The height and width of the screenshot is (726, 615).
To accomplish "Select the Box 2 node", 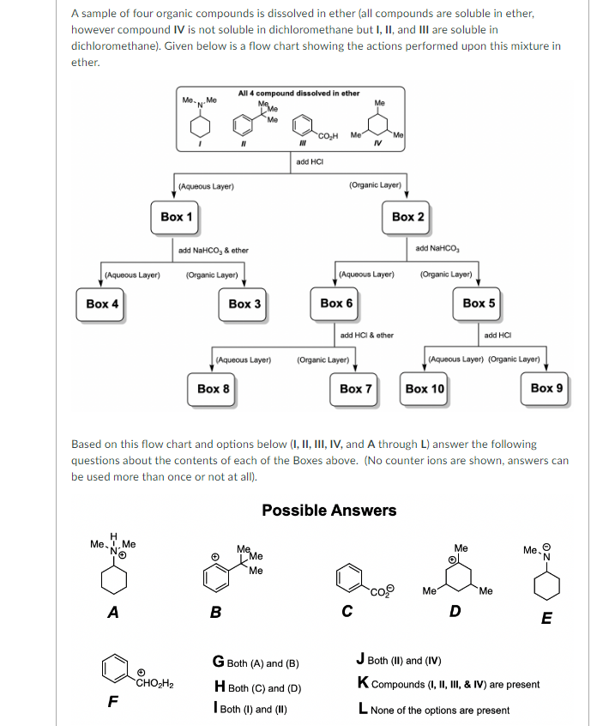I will click(407, 217).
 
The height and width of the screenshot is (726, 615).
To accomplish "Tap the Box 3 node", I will click(244, 304).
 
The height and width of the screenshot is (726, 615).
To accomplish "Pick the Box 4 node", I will click(102, 304).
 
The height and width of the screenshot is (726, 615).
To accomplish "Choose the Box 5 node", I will click(479, 304).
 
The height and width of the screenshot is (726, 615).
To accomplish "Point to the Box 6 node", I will click(336, 304).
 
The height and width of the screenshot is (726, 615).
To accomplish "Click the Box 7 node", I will click(356, 389).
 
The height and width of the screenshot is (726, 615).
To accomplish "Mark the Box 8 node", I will click(214, 389).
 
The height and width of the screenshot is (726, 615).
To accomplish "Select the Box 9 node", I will click(547, 389).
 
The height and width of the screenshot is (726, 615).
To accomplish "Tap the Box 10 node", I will click(425, 389).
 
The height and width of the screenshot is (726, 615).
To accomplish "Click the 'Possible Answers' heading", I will click(329, 511).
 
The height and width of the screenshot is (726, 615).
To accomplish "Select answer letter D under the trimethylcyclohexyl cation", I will click(455, 611).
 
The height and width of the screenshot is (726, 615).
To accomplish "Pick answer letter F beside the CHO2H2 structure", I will click(112, 700).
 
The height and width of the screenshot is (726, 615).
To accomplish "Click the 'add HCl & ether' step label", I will click(367, 336).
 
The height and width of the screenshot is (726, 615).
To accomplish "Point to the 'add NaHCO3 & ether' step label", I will click(214, 251).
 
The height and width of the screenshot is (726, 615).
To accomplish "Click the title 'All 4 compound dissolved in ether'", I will click(298, 93).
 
